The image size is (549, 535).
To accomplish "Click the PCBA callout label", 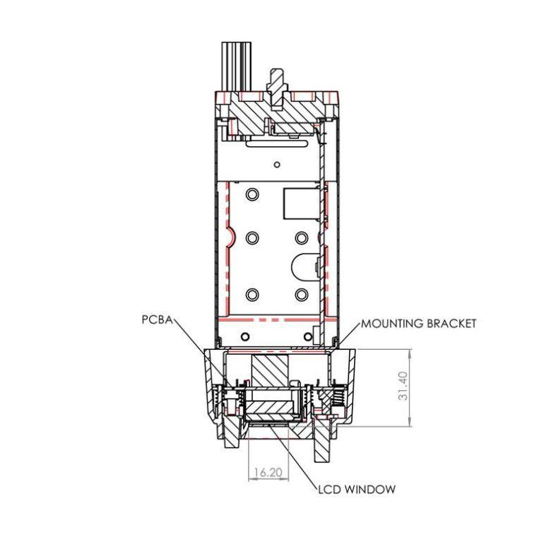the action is pyautogui.click(x=157, y=319).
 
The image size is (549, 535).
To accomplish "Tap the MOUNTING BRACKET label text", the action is pyautogui.click(x=419, y=324).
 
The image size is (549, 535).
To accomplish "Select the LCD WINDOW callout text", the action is pyautogui.click(x=357, y=489).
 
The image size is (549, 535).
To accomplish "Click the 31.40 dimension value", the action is pyautogui.click(x=403, y=386).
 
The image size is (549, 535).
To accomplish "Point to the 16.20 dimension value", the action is pyautogui.click(x=268, y=473).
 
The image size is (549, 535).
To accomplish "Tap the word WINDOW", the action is pyautogui.click(x=370, y=489).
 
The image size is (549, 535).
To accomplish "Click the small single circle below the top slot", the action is pyautogui.click(x=277, y=164).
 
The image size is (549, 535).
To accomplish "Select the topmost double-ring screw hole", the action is pyautogui.click(x=252, y=194).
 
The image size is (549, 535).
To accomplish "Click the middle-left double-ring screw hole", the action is pyautogui.click(x=252, y=238).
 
